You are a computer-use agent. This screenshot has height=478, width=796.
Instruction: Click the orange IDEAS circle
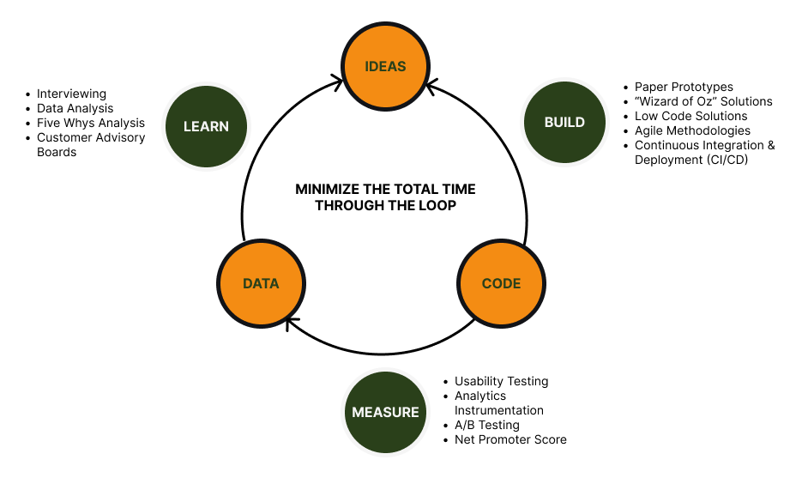click(385, 66)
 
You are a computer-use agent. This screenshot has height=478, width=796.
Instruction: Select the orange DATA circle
click(261, 283)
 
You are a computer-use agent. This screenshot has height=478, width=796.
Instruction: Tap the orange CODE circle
click(501, 283)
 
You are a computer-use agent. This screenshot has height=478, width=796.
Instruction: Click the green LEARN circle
click(206, 126)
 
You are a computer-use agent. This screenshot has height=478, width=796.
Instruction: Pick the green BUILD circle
click(564, 122)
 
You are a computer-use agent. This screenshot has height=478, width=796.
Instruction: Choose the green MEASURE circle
click(385, 412)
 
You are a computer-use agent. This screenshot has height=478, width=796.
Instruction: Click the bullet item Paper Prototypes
click(684, 87)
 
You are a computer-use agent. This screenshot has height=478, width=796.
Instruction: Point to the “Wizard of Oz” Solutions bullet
click(703, 101)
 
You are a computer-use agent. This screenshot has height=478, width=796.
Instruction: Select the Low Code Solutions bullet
click(690, 116)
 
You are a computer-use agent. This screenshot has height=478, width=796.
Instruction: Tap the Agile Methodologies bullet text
click(692, 130)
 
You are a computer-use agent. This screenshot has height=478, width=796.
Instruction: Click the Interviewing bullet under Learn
click(71, 94)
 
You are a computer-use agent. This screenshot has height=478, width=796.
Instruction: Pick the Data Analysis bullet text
click(75, 108)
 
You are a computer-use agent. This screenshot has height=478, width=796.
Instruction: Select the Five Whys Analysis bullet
click(91, 123)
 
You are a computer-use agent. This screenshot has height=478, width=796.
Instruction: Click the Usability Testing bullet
click(501, 381)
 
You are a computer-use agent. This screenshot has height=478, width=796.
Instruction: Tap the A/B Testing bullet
click(486, 425)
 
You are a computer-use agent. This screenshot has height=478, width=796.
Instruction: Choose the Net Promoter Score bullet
click(510, 439)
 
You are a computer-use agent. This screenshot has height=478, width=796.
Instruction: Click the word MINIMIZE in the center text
click(329, 189)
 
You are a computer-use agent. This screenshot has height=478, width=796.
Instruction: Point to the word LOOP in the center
click(438, 205)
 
